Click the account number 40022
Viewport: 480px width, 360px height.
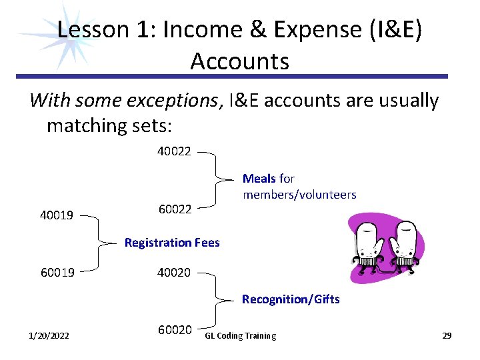174,151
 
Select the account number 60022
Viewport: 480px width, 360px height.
175,209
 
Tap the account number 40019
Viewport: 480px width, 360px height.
57,216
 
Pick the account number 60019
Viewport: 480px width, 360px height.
57,273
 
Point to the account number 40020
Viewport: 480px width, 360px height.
174,273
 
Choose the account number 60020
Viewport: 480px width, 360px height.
175,330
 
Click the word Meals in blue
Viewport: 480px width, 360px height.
259,179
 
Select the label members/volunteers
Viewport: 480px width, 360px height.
299,195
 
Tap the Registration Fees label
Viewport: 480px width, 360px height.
172,243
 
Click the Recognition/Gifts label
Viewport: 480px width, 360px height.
291,299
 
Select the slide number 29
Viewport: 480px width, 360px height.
447,335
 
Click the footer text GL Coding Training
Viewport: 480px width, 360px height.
241,335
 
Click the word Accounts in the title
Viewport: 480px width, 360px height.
239,61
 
